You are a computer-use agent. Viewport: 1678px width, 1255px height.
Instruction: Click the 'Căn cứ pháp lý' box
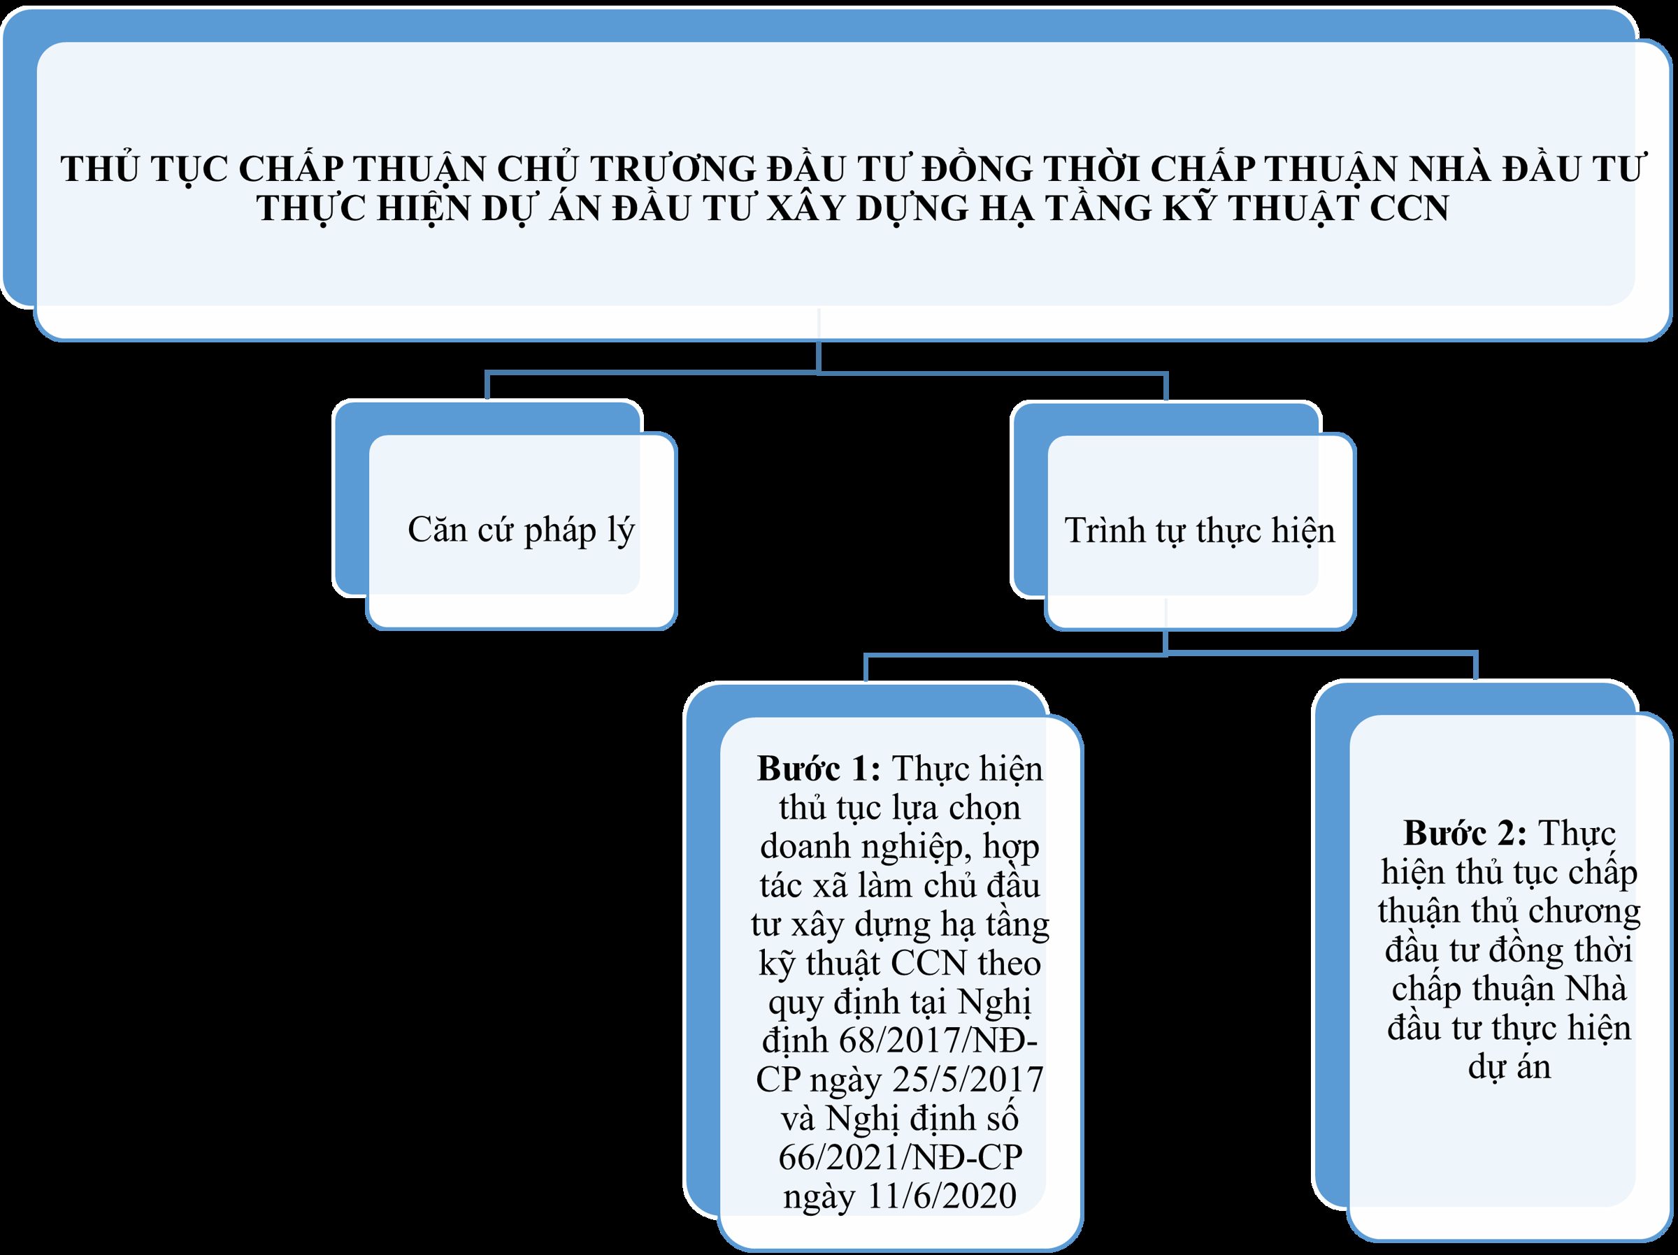(521, 531)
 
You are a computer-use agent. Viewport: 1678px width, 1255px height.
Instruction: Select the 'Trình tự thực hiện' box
(1200, 531)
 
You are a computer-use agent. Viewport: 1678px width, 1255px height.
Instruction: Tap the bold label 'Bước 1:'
(819, 769)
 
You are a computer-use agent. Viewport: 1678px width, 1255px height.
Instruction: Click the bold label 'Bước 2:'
(1465, 834)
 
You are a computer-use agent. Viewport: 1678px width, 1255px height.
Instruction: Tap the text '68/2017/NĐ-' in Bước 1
(939, 1040)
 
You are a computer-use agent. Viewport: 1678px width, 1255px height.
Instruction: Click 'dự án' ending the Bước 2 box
(1509, 1067)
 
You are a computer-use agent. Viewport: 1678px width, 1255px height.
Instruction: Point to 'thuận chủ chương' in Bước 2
(1509, 912)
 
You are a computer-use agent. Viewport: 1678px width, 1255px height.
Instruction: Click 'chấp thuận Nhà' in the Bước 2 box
(1509, 989)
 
